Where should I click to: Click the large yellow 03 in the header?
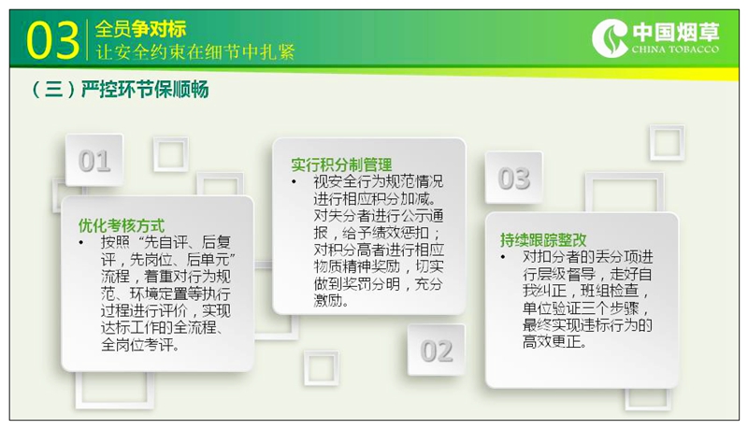pos(52,40)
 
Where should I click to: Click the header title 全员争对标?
pos(140,29)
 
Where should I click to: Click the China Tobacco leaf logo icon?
pos(610,37)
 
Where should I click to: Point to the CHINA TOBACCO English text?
pos(675,50)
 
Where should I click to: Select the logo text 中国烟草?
pos(675,33)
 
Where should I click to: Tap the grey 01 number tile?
pos(94,160)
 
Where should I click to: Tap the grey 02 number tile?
pos(437,350)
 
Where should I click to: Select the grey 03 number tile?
pos(513,179)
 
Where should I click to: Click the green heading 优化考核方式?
pos(122,225)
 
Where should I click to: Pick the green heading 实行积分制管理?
pos(341,164)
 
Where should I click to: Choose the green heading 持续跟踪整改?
pos(543,240)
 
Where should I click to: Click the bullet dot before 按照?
pos(81,243)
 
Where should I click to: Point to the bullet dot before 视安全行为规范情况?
pos(294,182)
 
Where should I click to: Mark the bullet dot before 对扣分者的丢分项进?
pos(503,257)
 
